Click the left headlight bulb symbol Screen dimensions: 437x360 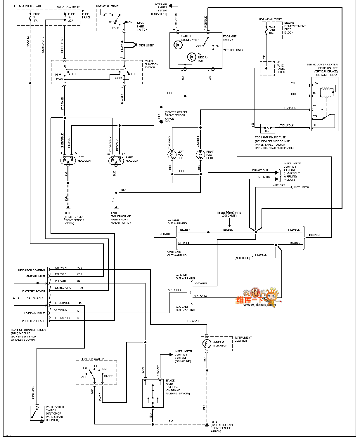coord(68,160)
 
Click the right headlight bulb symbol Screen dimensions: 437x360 coord(116,160)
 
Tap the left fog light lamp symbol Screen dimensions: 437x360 coord(172,155)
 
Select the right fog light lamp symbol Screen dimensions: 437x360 coord(200,155)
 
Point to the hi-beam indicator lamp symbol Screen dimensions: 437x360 coord(207,344)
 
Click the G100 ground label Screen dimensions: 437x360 coord(67,213)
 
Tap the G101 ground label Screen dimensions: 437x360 coord(114,213)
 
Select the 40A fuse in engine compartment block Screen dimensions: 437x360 coord(266,30)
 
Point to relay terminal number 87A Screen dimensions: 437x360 coord(315,116)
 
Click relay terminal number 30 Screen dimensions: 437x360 coord(314,125)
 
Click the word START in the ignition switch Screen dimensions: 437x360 coord(108,376)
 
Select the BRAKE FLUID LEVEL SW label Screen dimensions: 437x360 coord(172,385)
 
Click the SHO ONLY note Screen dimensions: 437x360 coord(236,50)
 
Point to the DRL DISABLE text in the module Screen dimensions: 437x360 coord(35,298)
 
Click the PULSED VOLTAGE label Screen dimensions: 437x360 coord(34,321)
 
